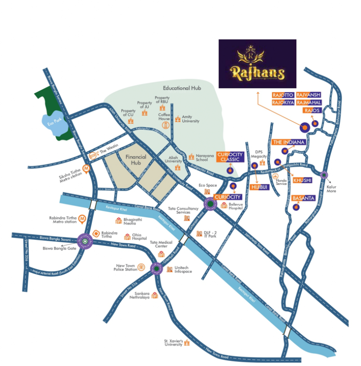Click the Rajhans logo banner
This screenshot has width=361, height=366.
pyautogui.click(x=257, y=63)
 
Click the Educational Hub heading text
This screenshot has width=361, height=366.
pyautogui.click(x=183, y=88)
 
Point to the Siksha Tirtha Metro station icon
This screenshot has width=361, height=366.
pyautogui.click(x=86, y=168)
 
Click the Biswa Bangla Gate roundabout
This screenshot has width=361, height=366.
pyautogui.click(x=85, y=242)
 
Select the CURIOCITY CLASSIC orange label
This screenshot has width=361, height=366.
pyautogui.click(x=230, y=157)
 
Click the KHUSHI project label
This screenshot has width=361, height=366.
pyautogui.click(x=302, y=180)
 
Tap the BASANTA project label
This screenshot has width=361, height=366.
pyautogui.click(x=303, y=198)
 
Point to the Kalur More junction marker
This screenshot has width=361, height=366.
pyautogui.click(x=324, y=175)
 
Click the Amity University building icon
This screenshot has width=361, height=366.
pyautogui.click(x=178, y=118)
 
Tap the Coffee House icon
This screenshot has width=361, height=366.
pyautogui.click(x=166, y=125)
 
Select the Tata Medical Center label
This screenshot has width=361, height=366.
pyautogui.click(x=161, y=244)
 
